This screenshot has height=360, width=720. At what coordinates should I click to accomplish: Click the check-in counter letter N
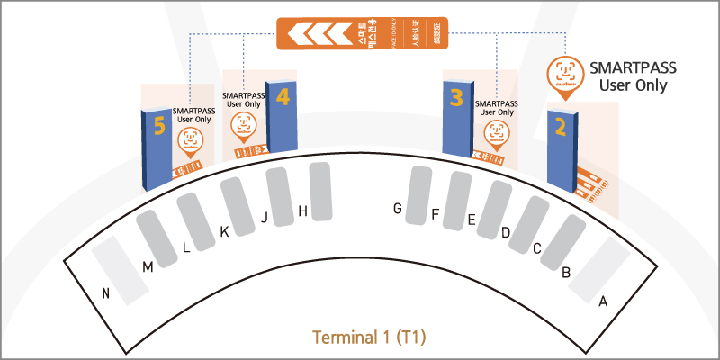(x=106, y=292)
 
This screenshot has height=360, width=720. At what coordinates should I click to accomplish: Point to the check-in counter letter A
(x=603, y=301)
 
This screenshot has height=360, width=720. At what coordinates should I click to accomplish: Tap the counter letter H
(x=303, y=211)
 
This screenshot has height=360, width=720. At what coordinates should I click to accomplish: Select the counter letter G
(x=397, y=209)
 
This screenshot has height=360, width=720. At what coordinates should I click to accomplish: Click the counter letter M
(x=148, y=266)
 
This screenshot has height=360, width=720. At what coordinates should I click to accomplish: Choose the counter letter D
(x=506, y=233)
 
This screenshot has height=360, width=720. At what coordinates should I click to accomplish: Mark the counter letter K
(x=224, y=232)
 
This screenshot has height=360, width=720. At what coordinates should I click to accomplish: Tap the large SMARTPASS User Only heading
(x=632, y=76)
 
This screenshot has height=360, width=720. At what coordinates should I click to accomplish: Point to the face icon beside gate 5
(x=190, y=140)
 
